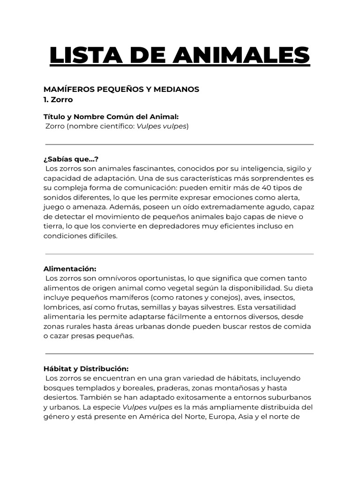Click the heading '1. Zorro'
tap(58, 100)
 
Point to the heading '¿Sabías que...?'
tap(71, 159)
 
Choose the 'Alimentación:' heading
tap(69, 269)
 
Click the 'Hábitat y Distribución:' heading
tap(86, 368)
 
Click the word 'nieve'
tap(292, 216)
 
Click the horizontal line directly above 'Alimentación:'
tap(180, 254)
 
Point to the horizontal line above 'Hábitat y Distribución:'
tap(180, 354)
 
